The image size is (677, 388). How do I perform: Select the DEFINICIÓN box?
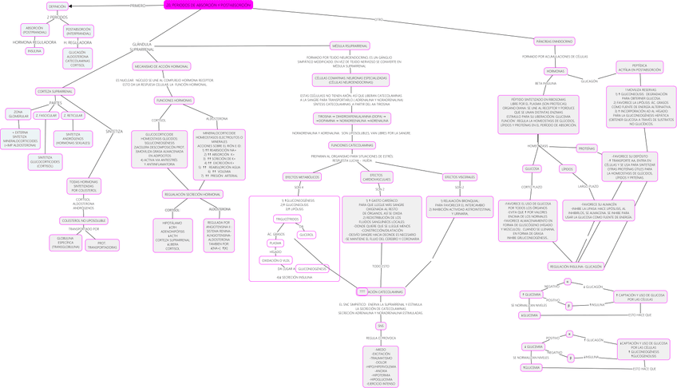pos(57,6)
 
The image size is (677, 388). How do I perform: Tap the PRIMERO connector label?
pos(138,6)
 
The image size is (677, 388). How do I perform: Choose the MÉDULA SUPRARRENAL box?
pos(350,46)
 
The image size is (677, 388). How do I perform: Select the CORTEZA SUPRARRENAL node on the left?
pos(56,92)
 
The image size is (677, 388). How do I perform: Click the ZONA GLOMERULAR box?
pos(18,114)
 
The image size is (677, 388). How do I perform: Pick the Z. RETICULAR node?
pos(73,116)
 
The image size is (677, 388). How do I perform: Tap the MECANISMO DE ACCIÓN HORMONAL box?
pos(161,66)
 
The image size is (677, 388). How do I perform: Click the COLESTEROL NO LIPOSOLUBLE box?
pos(84,220)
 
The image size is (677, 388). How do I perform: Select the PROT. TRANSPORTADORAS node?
pos(102,245)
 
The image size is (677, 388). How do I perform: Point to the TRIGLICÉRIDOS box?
pos(287,219)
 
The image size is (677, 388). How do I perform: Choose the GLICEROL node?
pos(307,235)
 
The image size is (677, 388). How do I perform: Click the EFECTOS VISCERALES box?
pos(460,177)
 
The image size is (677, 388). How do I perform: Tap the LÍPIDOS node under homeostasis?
pos(568,169)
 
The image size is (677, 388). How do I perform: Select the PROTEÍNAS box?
pos(587,148)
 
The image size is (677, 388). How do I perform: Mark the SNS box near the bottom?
pos(381,326)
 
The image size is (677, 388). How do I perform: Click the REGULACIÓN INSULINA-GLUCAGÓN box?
pos(576,267)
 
